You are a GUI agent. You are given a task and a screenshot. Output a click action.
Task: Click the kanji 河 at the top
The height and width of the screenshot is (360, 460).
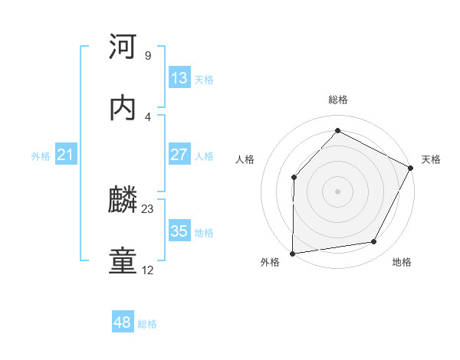[x=123, y=47]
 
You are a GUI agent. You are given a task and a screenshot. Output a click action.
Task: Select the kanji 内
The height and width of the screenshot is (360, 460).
[x=123, y=108]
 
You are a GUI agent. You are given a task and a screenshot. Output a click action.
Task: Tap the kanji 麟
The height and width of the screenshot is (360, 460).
[x=123, y=201]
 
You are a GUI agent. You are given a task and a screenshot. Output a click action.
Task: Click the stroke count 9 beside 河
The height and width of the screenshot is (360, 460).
[x=147, y=56]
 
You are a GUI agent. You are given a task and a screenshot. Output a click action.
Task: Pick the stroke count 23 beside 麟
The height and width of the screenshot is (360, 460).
[x=148, y=208]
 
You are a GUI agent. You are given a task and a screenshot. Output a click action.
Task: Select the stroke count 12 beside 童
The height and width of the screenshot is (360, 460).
[x=148, y=270]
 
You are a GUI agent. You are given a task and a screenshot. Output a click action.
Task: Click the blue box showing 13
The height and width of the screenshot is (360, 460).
[x=179, y=78]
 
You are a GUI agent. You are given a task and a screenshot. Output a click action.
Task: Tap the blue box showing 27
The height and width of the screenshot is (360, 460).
[x=179, y=155]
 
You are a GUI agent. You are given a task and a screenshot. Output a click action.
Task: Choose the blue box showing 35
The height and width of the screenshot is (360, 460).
[x=179, y=231]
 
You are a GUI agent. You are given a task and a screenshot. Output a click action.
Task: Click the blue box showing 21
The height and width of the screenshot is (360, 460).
[x=66, y=155]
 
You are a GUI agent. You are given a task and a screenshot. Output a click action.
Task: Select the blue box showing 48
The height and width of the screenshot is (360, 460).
[x=123, y=322]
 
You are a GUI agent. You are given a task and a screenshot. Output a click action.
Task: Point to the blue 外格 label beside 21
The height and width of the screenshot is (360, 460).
[x=41, y=156]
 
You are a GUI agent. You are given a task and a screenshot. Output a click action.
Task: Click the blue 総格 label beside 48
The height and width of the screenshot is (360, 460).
[x=147, y=324]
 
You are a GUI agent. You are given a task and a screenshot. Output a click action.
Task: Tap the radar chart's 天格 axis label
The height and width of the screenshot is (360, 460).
[x=431, y=159]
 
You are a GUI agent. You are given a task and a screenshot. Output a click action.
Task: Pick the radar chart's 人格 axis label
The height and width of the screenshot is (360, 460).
[x=245, y=159]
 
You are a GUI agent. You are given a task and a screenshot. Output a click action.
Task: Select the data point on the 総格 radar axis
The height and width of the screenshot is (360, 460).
[x=337, y=130]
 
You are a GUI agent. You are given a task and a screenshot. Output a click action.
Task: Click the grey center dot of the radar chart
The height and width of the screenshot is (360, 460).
[x=337, y=191]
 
